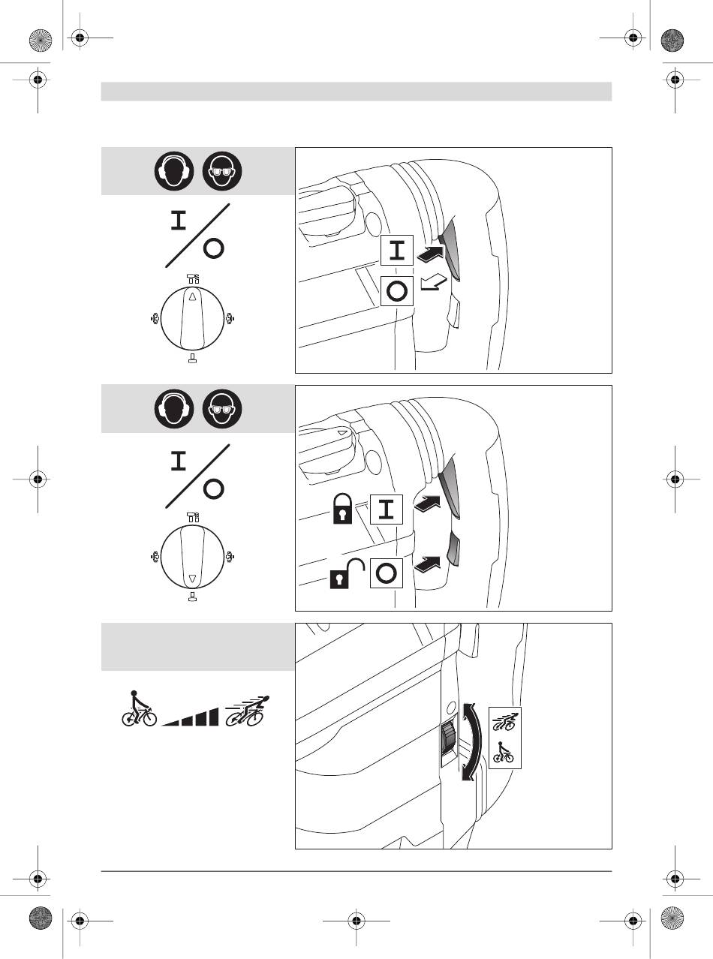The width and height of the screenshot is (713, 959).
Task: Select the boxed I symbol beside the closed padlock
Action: (x=387, y=510)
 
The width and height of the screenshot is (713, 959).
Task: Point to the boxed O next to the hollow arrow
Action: (x=398, y=291)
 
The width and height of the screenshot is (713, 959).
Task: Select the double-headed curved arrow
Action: (x=470, y=741)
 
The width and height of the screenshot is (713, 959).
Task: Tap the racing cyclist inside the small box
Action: (x=504, y=722)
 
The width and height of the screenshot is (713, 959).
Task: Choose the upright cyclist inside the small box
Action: (x=504, y=753)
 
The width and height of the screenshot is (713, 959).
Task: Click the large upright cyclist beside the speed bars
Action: (x=138, y=710)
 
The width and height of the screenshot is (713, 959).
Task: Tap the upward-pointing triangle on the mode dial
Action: (x=191, y=297)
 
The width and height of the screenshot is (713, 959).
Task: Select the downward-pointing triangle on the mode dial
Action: (x=191, y=579)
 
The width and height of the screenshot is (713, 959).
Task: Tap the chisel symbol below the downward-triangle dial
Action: (x=192, y=597)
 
